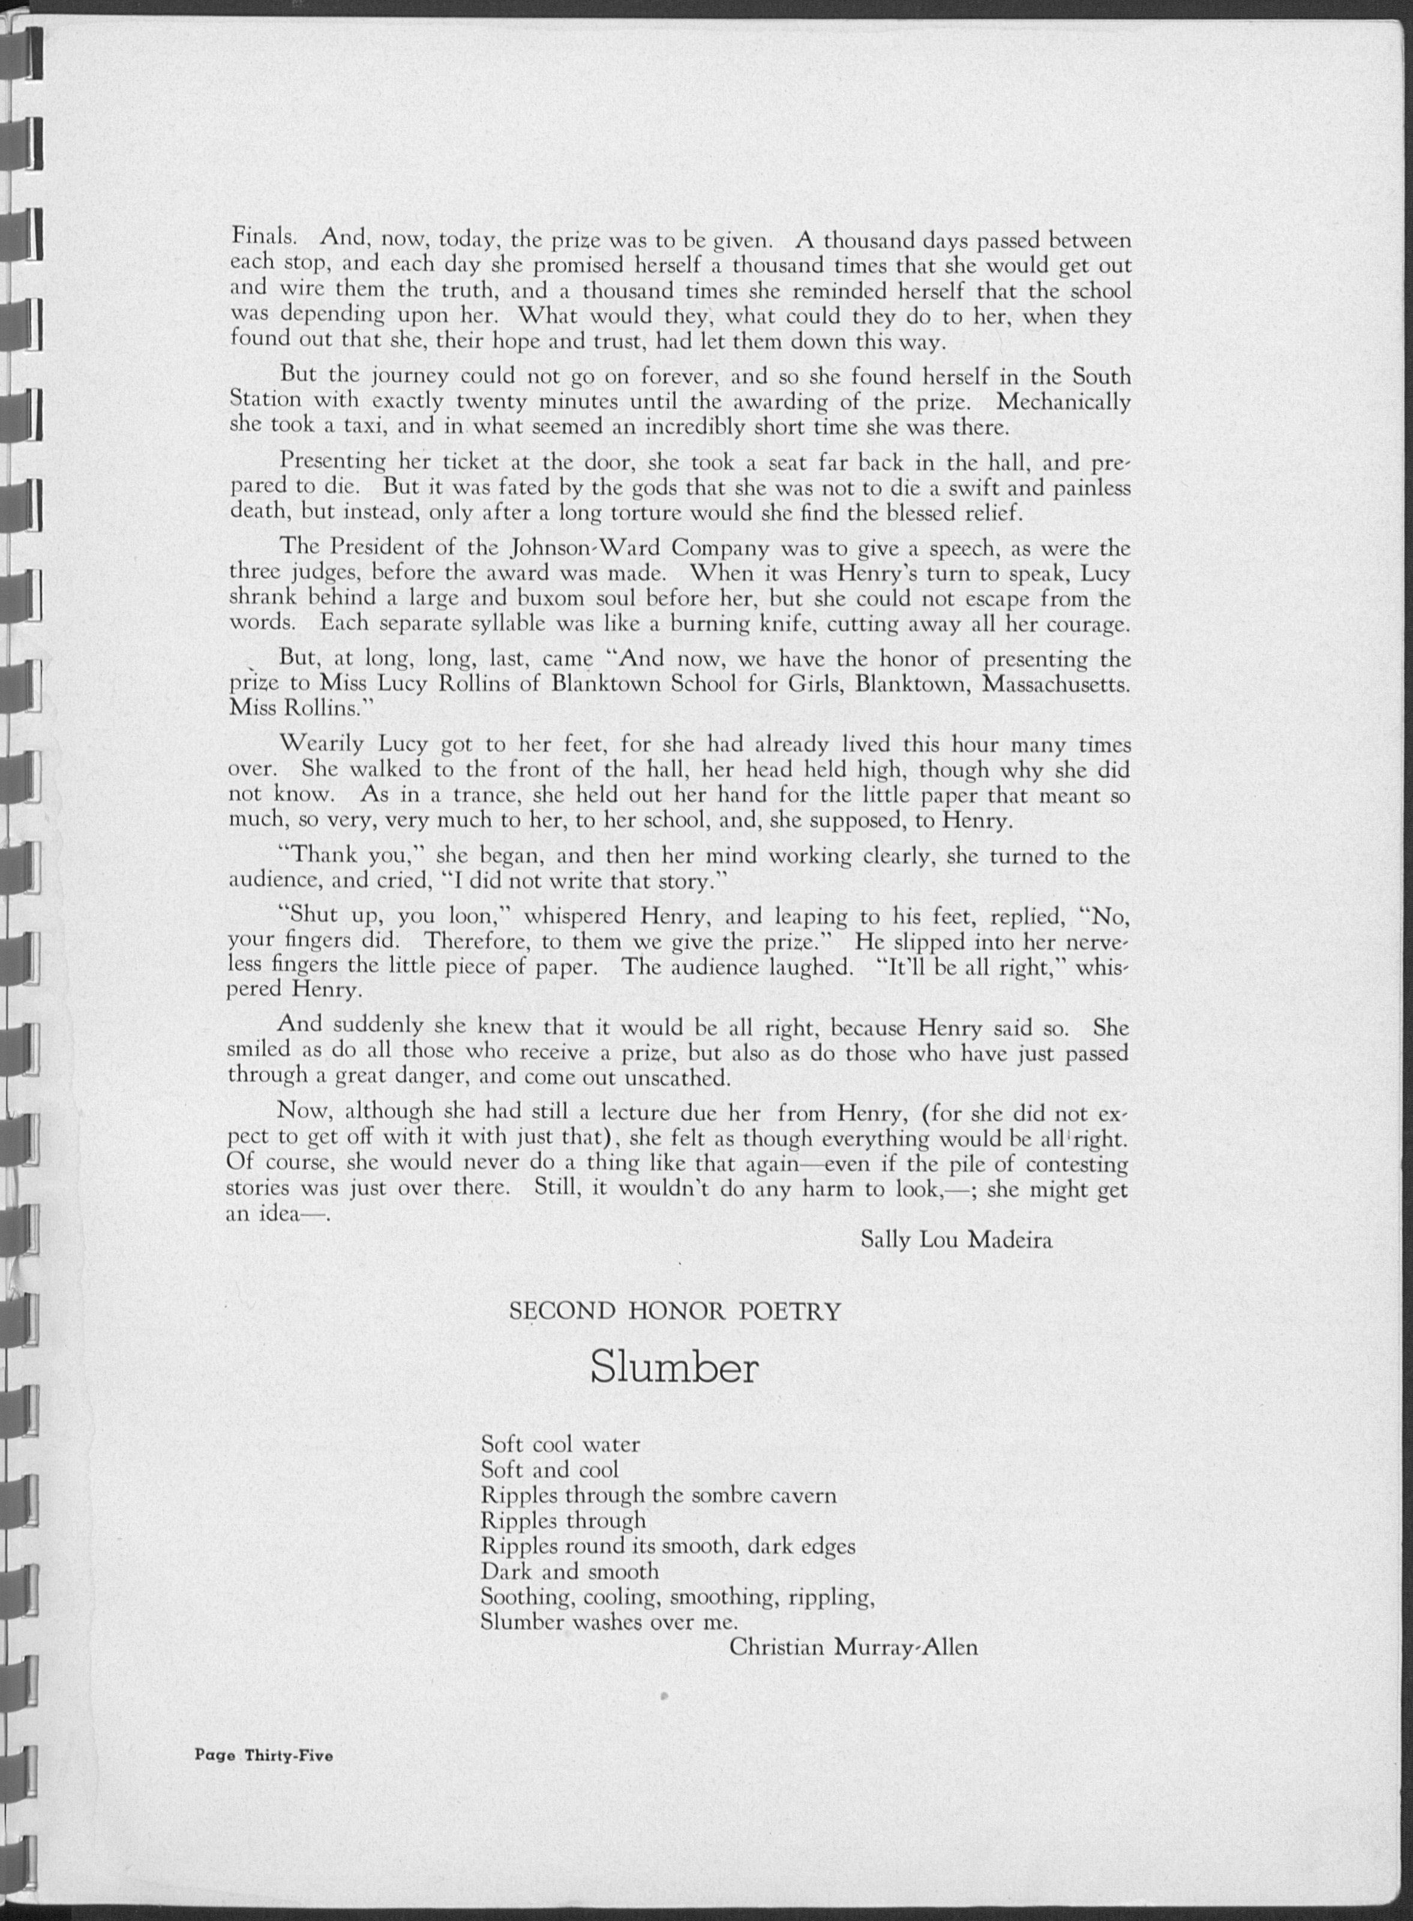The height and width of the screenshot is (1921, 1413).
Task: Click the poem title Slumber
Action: point(674,1368)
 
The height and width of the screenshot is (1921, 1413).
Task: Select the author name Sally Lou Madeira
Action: point(956,1239)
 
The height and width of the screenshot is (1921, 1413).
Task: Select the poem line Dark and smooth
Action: point(569,1571)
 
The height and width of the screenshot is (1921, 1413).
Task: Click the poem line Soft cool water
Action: point(560,1445)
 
